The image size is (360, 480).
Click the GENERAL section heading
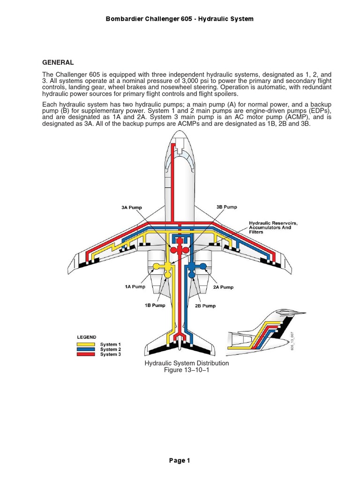[x=58, y=62]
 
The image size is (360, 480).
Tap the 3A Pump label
[x=132, y=207]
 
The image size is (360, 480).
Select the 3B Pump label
[x=227, y=207]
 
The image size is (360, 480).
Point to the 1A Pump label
[x=135, y=286]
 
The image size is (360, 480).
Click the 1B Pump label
[x=155, y=305]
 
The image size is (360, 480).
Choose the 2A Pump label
[x=223, y=287]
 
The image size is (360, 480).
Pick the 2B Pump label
[x=205, y=306]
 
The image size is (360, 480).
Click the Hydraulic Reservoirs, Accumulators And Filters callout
[x=273, y=227]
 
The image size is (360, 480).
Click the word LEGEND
[x=87, y=337]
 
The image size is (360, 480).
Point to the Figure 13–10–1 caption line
[x=180, y=370]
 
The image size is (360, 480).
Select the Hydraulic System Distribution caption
[x=180, y=363]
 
